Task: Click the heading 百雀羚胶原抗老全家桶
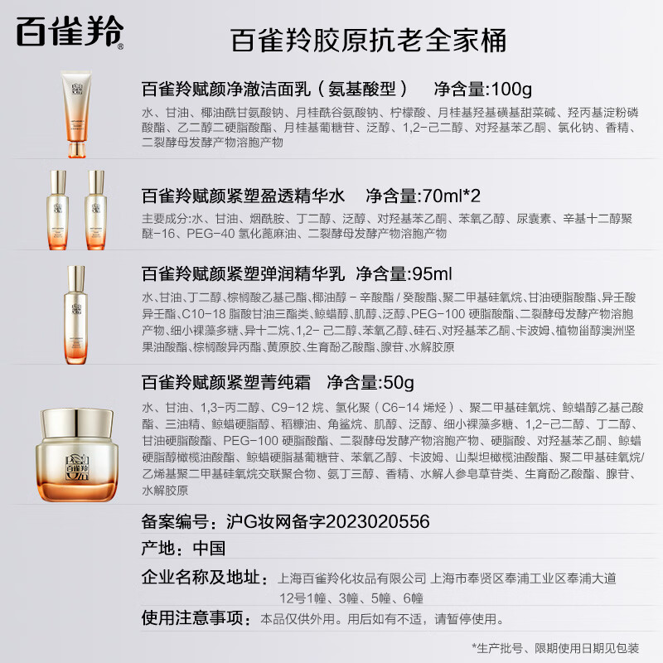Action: coord(366,40)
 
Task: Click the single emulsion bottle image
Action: coord(76,316)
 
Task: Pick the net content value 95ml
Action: coord(432,274)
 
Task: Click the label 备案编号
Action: coord(179,521)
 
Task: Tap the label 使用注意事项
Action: coord(196,618)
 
